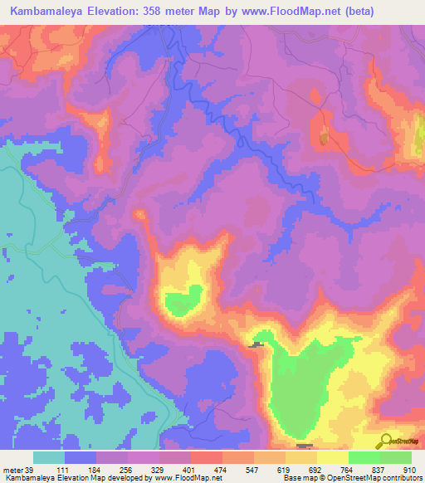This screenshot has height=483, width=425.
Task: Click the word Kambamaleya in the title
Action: point(42,11)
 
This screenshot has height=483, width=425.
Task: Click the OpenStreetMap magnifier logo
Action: point(385,442)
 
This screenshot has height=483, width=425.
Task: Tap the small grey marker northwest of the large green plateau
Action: point(256,344)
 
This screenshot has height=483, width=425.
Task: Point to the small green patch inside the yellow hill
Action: point(183,300)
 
